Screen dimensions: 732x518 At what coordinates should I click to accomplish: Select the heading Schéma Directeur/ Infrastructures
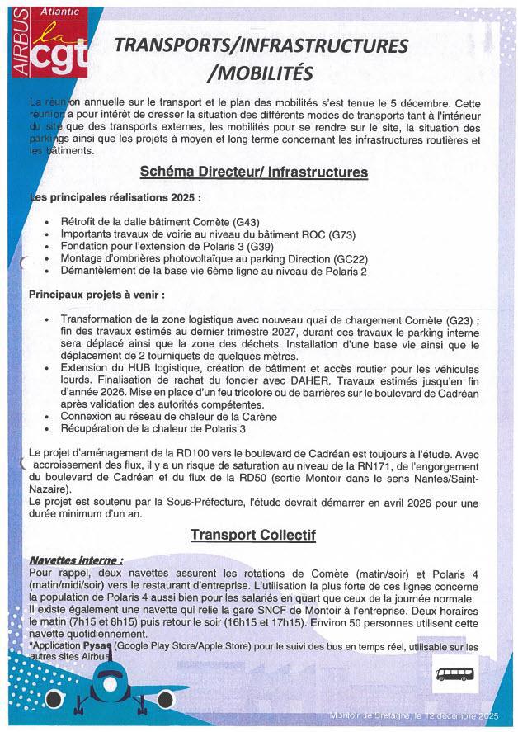pos(253,173)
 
